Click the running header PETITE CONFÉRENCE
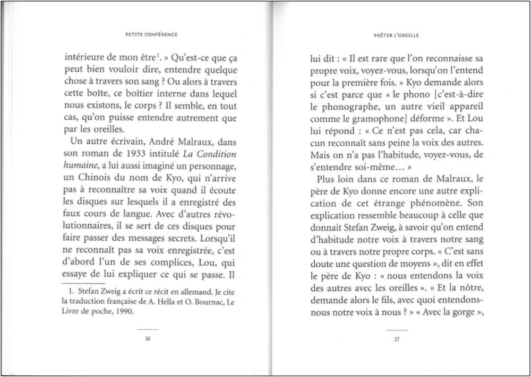[151, 35]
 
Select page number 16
[148, 340]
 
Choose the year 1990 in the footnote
[124, 311]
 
